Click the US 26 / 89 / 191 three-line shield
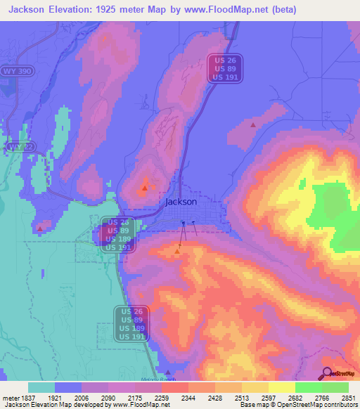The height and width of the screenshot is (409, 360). click(226, 69)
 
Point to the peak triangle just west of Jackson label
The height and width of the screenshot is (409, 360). click(145, 188)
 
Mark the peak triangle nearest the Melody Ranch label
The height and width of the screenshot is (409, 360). click(167, 373)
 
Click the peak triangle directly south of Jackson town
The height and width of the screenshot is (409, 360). click(177, 250)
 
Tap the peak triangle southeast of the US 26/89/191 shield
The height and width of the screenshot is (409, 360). click(253, 124)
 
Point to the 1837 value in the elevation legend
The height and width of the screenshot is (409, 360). click(27, 398)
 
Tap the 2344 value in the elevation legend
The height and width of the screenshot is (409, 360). click(188, 398)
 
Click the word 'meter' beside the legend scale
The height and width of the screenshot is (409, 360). click(9, 398)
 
